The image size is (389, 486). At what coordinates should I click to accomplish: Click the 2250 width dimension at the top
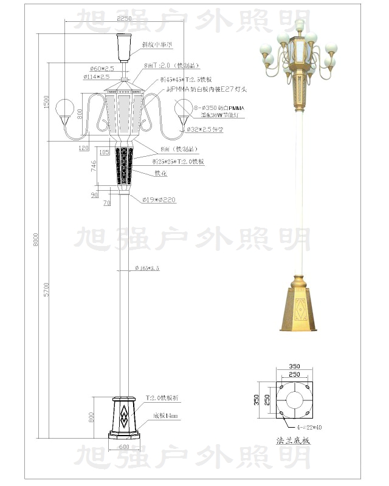click(123, 19)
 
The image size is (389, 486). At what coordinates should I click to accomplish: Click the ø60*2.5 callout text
click(102, 69)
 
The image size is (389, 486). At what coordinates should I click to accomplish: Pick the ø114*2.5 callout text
click(97, 77)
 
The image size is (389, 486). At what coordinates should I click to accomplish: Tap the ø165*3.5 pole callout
click(147, 268)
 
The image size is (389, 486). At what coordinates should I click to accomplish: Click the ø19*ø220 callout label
click(159, 200)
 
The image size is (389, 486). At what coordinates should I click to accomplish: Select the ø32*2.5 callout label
click(204, 129)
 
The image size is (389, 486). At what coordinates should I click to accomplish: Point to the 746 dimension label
click(93, 166)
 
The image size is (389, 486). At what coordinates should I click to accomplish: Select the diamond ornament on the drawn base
click(124, 416)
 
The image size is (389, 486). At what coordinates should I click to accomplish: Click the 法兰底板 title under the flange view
click(294, 440)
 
